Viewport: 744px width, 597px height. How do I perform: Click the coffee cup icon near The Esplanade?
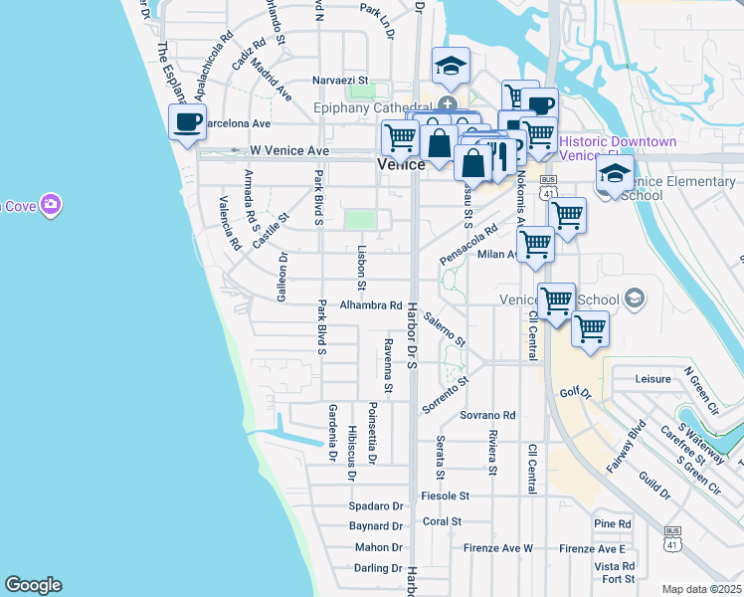[x=187, y=123]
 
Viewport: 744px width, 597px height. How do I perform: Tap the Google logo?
[x=33, y=585]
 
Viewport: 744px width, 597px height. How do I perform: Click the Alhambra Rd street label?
[x=372, y=305]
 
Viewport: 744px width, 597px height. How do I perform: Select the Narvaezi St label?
[x=340, y=80]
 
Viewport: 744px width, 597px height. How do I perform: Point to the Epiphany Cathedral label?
[x=369, y=104]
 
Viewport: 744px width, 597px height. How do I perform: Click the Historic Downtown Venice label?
[x=618, y=148]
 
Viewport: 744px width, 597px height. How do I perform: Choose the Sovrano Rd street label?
[x=487, y=414]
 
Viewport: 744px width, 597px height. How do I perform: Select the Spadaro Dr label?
[x=375, y=505]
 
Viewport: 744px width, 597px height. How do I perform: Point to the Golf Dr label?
[x=575, y=394]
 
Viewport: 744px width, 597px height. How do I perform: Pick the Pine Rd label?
[x=612, y=523]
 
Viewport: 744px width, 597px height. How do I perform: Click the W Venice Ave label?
[x=288, y=150]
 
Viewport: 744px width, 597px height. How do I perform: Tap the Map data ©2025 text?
[x=701, y=589]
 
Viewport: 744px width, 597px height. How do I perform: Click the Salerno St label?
[x=444, y=328]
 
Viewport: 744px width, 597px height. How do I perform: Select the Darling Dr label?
[x=377, y=568]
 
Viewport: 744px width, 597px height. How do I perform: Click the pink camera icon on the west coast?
[x=50, y=205]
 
